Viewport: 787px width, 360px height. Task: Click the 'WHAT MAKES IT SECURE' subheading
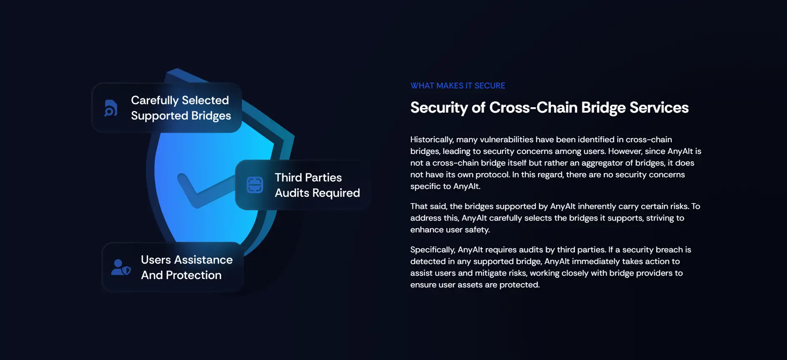458,86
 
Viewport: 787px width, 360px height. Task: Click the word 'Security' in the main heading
439,108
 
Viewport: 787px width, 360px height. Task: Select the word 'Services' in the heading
659,107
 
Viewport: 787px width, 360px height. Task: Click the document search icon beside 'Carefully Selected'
111,108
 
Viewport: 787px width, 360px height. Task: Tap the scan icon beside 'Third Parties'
255,185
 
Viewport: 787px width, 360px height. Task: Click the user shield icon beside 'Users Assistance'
121,267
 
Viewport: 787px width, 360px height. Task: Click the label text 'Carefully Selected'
180,100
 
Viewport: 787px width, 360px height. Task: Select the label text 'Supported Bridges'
181,116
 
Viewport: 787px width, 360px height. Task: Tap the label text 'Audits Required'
317,193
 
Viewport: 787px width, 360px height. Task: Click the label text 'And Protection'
181,275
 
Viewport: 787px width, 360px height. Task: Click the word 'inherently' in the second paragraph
598,206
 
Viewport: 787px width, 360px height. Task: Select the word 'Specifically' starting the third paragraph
433,250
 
